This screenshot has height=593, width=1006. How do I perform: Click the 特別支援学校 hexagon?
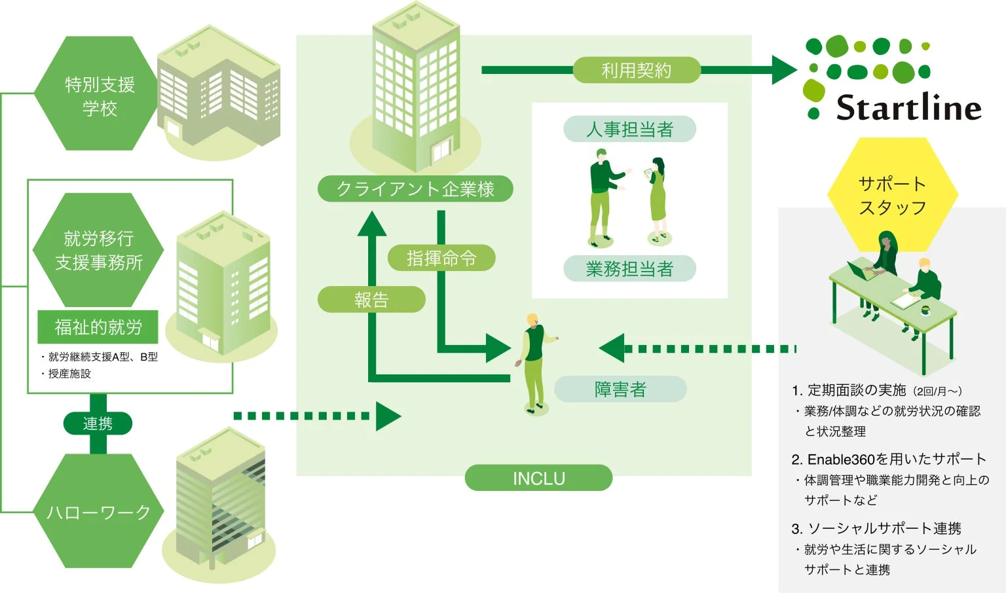(x=98, y=94)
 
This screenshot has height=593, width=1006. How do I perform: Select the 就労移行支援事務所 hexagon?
(x=98, y=250)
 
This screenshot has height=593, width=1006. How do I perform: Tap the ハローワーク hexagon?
(x=98, y=511)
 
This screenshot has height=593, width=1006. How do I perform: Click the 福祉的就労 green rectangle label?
(x=98, y=327)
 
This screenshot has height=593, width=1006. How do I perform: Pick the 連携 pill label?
(x=98, y=423)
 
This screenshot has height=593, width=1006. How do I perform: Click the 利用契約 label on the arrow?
(x=636, y=70)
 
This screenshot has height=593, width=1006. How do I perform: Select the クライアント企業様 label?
(x=415, y=189)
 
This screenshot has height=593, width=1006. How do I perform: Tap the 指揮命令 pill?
(x=441, y=259)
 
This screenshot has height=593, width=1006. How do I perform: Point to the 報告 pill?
(x=371, y=300)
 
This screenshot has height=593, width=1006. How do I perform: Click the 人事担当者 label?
(x=629, y=129)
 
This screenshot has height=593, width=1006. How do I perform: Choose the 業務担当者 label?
(x=629, y=268)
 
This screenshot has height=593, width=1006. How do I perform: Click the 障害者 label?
(x=620, y=389)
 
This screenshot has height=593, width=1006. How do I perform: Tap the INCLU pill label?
(x=538, y=478)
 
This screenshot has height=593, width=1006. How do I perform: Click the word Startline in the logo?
(x=908, y=108)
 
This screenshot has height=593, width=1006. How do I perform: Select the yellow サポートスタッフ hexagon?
(x=892, y=194)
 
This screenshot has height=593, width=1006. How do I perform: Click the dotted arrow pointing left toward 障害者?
(x=701, y=349)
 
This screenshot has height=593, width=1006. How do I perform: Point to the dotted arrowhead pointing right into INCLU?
(x=388, y=416)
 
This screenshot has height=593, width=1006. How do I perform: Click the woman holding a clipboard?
(x=658, y=196)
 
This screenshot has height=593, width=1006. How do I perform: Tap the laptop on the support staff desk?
(x=860, y=270)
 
